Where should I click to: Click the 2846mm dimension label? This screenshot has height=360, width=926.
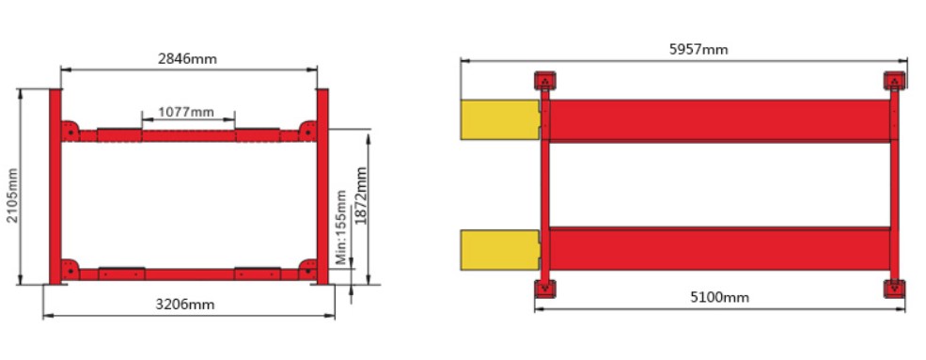coord(187,59)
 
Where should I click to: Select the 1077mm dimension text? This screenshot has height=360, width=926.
coord(186,112)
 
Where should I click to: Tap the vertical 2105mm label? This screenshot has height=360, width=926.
coord(13,196)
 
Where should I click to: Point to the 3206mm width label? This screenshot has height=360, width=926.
coord(185,305)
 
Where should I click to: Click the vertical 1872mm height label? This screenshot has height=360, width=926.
coord(361,196)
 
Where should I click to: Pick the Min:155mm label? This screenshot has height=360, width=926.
coord(341,227)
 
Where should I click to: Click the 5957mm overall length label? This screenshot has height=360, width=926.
coord(698,50)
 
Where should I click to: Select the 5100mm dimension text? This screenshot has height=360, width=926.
coord(719,297)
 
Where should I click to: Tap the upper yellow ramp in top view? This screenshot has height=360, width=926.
coord(500,119)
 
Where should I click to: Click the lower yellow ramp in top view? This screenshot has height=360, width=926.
coord(500,250)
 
